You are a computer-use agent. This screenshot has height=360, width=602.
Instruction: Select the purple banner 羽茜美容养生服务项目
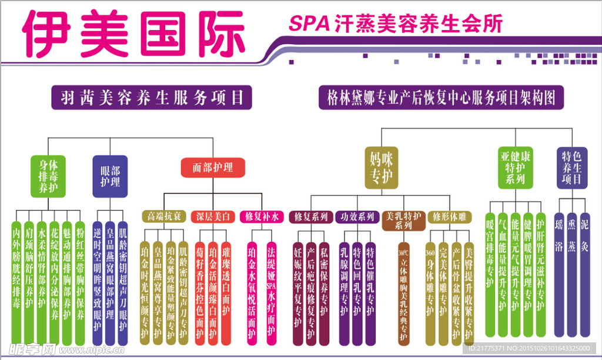152,97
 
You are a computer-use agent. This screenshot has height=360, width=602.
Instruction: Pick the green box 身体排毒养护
48,175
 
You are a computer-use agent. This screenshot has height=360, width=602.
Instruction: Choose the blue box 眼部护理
110,175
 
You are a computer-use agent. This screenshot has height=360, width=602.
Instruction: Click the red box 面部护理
213,168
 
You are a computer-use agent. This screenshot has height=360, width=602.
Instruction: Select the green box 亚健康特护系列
516,168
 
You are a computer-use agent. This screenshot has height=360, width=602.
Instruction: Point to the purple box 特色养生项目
571,168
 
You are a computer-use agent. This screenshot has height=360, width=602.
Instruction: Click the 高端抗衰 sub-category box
165,216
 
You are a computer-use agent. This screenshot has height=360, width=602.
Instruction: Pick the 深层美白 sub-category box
215,216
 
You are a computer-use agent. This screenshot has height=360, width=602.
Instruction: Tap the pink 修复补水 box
262,216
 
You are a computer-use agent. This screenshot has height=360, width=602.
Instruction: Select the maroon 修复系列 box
311,216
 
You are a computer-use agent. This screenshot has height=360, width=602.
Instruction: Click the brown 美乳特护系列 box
403,221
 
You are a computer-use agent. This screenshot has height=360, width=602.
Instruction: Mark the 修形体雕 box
450,216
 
